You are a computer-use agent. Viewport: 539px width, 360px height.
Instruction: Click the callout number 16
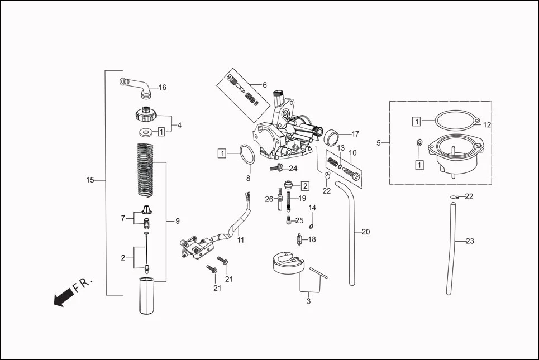click(163, 88)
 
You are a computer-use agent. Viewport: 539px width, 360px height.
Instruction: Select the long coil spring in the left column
click(145, 170)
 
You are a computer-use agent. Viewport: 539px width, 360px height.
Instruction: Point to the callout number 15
click(90, 180)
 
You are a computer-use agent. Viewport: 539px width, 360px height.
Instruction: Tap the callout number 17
click(355, 134)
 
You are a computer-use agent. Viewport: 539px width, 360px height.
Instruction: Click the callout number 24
click(293, 169)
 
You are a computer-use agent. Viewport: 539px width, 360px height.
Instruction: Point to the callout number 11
click(241, 240)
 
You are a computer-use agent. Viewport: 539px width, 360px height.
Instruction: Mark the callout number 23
click(470, 241)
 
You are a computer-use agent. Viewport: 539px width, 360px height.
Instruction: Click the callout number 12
click(486, 124)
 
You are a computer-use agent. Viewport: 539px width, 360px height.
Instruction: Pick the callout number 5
click(379, 143)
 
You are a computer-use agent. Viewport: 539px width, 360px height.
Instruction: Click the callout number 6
click(265, 85)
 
